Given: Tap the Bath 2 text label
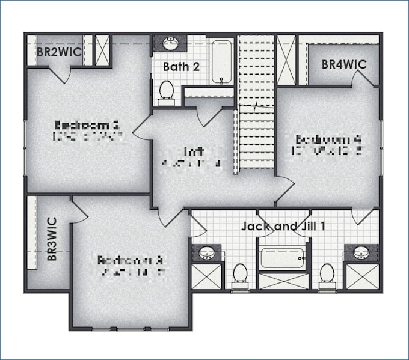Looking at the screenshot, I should tap(181, 66).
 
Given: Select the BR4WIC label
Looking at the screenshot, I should tap(344, 64).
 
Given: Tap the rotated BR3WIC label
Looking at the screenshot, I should tap(52, 239).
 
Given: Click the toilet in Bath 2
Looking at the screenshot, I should tap(167, 91).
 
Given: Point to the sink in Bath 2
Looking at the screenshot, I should tap(171, 43).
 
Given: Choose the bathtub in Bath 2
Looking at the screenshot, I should tap(222, 61).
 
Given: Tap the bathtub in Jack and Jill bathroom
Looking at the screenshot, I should tap(283, 258).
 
